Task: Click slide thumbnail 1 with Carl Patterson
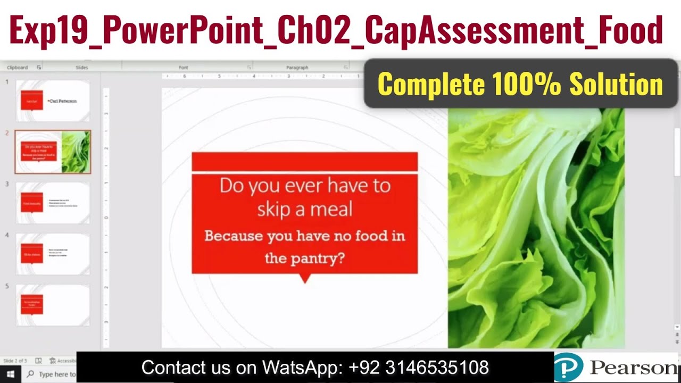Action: click(x=53, y=101)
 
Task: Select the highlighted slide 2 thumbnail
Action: click(x=53, y=152)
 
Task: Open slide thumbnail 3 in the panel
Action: click(x=53, y=203)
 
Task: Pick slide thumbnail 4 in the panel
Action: click(x=53, y=254)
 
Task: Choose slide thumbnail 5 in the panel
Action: click(x=53, y=305)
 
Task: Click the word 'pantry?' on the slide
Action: click(x=319, y=259)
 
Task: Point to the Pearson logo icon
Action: click(x=569, y=368)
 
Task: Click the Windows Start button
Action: click(x=10, y=374)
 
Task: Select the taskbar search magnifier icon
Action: click(x=30, y=374)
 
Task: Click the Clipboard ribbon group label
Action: click(x=18, y=68)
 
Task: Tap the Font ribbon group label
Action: click(x=184, y=68)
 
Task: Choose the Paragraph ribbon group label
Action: click(x=297, y=68)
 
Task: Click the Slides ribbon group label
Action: click(x=82, y=68)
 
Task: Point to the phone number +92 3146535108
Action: click(x=419, y=368)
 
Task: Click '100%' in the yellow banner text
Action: click(x=527, y=84)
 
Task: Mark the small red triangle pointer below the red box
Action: click(x=305, y=278)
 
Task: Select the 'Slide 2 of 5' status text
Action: click(x=15, y=361)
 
